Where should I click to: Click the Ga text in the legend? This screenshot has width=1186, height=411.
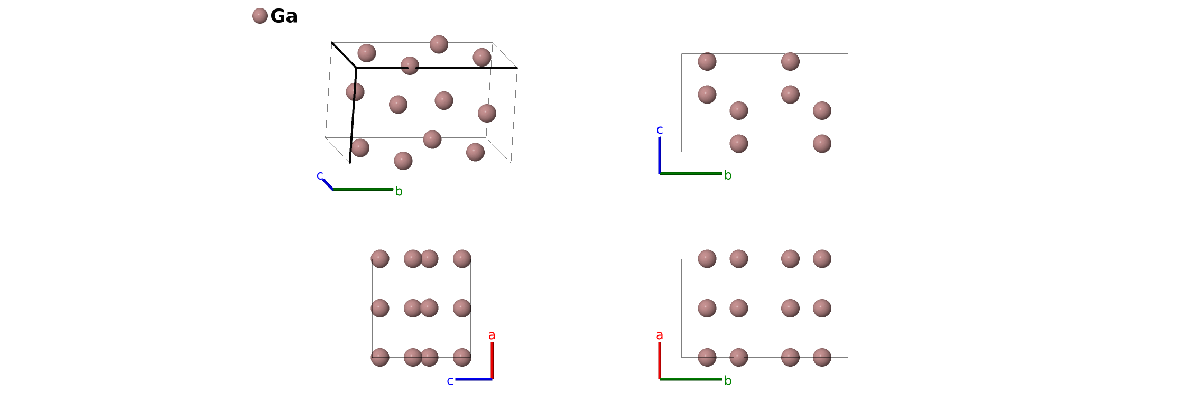pyautogui.click(x=284, y=16)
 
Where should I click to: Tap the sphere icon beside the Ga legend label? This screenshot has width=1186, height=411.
pyautogui.click(x=260, y=16)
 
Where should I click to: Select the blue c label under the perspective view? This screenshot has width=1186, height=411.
pyautogui.click(x=319, y=175)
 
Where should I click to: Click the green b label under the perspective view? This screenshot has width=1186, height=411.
pyautogui.click(x=399, y=192)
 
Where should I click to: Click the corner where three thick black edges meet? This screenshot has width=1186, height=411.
pyautogui.click(x=356, y=68)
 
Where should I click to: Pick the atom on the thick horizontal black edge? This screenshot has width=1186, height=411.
pyautogui.click(x=410, y=66)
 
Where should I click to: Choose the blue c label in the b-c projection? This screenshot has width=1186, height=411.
pyautogui.click(x=659, y=130)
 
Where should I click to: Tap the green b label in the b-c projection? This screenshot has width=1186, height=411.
pyautogui.click(x=728, y=175)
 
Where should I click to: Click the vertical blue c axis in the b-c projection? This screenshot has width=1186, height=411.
pyautogui.click(x=660, y=155)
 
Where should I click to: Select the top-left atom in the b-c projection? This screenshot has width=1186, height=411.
pyautogui.click(x=707, y=61)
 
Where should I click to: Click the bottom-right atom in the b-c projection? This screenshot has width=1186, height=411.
pyautogui.click(x=822, y=144)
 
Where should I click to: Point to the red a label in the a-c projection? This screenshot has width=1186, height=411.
pyautogui.click(x=492, y=335)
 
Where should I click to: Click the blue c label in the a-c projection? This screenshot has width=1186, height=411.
pyautogui.click(x=450, y=381)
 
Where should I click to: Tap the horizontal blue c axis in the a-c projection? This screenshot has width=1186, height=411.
pyautogui.click(x=474, y=379)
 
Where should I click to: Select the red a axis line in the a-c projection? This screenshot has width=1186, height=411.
pyautogui.click(x=492, y=360)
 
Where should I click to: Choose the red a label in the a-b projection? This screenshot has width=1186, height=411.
pyautogui.click(x=659, y=335)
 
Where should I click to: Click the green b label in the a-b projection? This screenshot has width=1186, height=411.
pyautogui.click(x=728, y=381)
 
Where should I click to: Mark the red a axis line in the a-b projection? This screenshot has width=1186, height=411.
pyautogui.click(x=660, y=360)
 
